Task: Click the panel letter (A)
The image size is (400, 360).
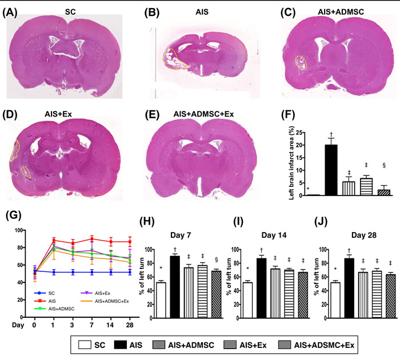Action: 13,12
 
